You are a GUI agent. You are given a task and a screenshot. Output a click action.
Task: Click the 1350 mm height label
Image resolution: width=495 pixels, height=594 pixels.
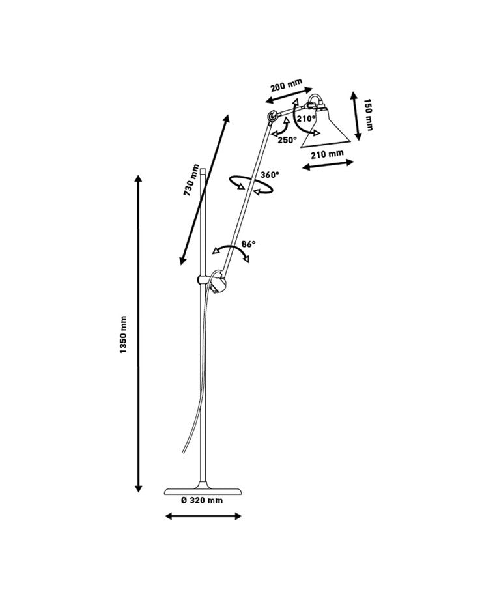(124, 335)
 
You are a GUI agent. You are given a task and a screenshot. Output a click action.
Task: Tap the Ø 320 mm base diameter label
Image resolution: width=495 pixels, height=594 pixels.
(202, 500)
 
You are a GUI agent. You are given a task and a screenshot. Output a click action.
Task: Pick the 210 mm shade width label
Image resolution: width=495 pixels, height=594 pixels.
(327, 154)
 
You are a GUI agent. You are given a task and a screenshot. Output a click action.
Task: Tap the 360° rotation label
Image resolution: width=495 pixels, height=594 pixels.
(269, 175)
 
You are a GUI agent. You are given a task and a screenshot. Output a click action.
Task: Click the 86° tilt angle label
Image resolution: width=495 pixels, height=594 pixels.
(248, 244)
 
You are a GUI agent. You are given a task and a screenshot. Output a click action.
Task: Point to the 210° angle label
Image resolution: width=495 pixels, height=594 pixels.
(305, 119)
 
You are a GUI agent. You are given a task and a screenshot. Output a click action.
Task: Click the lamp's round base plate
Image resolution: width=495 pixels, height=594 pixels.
(203, 489)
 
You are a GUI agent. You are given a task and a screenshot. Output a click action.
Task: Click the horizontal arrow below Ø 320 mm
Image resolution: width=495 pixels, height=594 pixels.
(203, 516)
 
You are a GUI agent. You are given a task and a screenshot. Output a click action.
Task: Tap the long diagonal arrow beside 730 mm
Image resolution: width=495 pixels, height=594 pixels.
(205, 190)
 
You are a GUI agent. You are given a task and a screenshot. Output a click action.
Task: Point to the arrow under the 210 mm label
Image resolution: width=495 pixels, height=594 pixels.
(328, 164)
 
